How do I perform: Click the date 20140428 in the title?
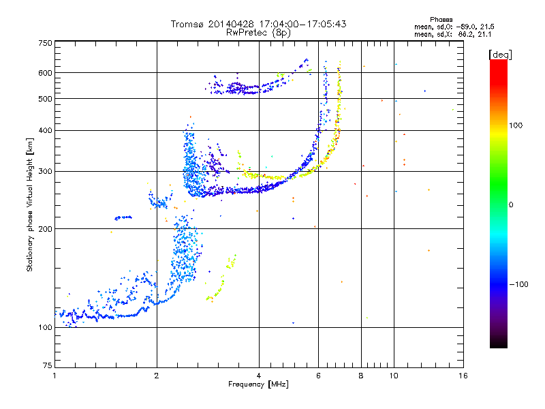pyautogui.click(x=231, y=24)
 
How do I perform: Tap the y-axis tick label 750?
pyautogui.click(x=45, y=43)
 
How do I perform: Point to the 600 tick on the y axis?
pyautogui.click(x=45, y=73)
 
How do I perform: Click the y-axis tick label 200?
pyautogui.click(x=45, y=229)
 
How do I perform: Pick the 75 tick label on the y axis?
pyautogui.click(x=48, y=365)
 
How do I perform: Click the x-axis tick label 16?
pyautogui.click(x=463, y=376)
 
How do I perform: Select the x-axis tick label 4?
pyautogui.click(x=259, y=376)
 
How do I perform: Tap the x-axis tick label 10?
pyautogui.click(x=394, y=376)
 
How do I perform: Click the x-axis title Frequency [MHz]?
pyautogui.click(x=258, y=384)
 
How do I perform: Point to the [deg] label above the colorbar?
pyautogui.click(x=500, y=55)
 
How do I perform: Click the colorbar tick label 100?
pyautogui.click(x=516, y=125)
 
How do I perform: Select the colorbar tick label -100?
pyautogui.click(x=518, y=284)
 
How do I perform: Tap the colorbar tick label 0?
pyautogui.click(x=511, y=205)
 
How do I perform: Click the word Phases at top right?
pyautogui.click(x=441, y=20)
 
